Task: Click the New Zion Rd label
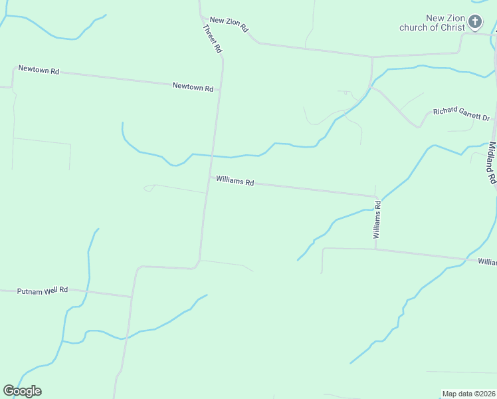[x=229, y=25]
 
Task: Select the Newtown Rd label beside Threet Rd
[x=193, y=87]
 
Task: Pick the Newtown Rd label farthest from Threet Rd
[x=39, y=69]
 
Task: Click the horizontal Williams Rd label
[x=235, y=181]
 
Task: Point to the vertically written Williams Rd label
[x=377, y=219]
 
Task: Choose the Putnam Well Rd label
[x=43, y=290]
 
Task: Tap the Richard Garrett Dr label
[x=461, y=114]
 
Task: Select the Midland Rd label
[x=492, y=162]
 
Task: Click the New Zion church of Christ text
[x=432, y=23]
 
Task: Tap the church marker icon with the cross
[x=475, y=22]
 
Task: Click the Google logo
[x=22, y=391]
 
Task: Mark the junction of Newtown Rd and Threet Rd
[x=219, y=88]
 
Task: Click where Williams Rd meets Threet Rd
[x=209, y=178]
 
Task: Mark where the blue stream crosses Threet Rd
[x=213, y=156]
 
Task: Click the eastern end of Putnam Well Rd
[x=132, y=297]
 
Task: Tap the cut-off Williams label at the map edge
[x=487, y=262]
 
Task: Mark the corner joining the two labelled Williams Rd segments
[x=376, y=197]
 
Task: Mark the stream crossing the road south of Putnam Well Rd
[x=126, y=338]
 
